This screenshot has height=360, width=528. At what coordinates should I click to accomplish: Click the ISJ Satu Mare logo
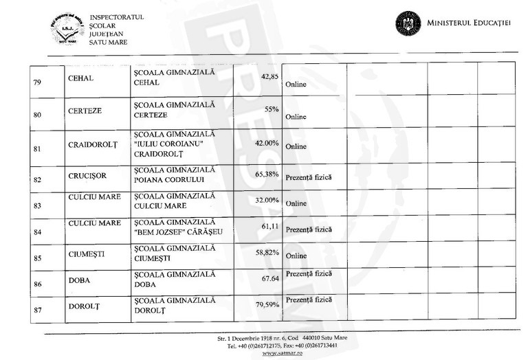coord(67,29)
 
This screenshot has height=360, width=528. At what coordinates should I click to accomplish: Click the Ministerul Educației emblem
coord(408,23)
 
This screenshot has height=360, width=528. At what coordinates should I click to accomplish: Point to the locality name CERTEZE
coord(85,110)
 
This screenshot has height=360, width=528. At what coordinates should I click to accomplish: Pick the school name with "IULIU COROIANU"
coord(175,146)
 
